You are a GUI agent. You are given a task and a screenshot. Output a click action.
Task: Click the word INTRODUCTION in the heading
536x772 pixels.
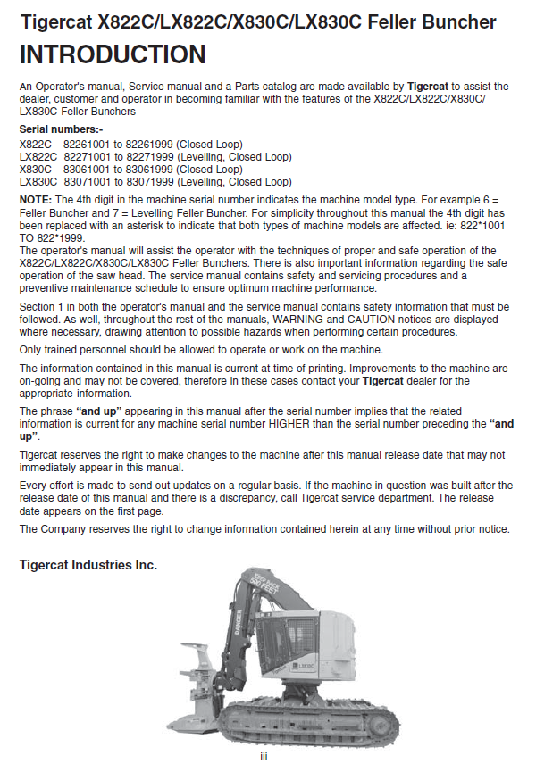pyautogui.click(x=113, y=54)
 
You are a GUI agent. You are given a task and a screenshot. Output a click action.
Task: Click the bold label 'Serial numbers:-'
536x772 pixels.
pyautogui.click(x=61, y=129)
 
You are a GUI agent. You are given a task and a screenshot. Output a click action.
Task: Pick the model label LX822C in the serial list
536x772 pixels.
pyautogui.click(x=37, y=156)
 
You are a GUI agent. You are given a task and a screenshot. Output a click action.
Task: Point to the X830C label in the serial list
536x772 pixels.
pyautogui.click(x=35, y=169)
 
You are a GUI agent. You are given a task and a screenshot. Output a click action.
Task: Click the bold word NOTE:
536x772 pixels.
pyautogui.click(x=36, y=200)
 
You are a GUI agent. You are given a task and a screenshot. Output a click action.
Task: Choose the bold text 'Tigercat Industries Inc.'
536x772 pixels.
pyautogui.click(x=88, y=565)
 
